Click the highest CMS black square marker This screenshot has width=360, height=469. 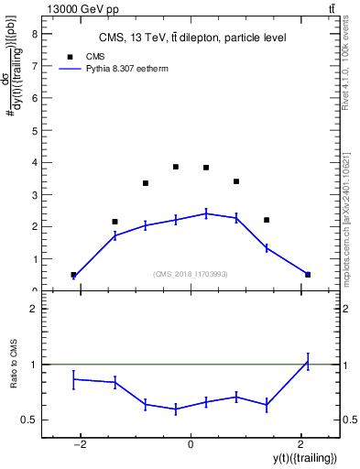[176, 167]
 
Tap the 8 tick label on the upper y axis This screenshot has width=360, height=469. [34, 34]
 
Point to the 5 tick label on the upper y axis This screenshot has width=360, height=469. [34, 130]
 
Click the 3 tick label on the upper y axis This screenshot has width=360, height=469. [34, 194]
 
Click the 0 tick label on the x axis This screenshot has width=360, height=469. [191, 444]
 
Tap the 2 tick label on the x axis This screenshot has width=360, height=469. [300, 444]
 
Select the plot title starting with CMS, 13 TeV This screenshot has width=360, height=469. [192, 38]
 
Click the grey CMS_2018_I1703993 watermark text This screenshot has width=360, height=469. [191, 274]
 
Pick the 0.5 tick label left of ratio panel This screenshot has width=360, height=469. [29, 420]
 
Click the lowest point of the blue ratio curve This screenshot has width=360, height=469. [176, 409]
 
